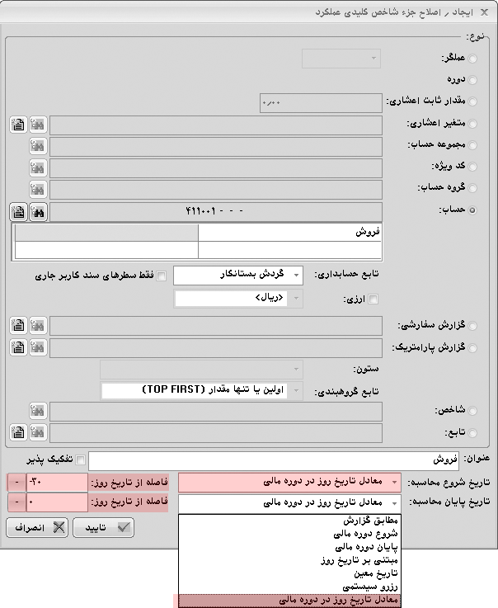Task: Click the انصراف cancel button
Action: click(x=36, y=528)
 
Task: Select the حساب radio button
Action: click(x=472, y=211)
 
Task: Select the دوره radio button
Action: click(x=472, y=80)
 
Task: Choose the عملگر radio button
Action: click(x=472, y=59)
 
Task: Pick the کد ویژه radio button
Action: click(x=472, y=167)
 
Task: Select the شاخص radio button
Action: click(x=472, y=411)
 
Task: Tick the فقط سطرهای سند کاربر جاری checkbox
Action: click(x=162, y=276)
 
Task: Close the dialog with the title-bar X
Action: click(x=12, y=12)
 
